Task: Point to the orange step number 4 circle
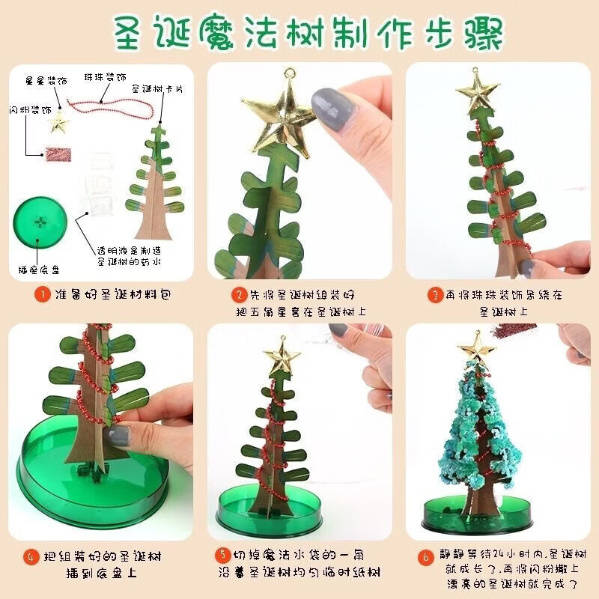click(x=31, y=557)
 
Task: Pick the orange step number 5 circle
click(x=222, y=555)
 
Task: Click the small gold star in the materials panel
click(x=57, y=123)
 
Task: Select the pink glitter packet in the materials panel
click(x=57, y=153)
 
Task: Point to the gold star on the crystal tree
click(x=474, y=345)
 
